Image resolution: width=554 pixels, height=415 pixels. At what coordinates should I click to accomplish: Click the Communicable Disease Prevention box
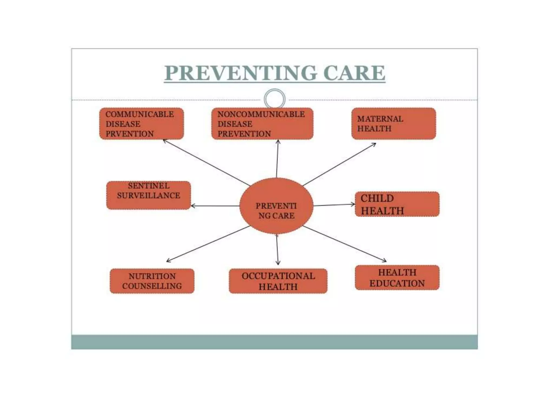[141, 124]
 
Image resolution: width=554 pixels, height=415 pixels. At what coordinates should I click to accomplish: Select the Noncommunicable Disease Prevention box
[262, 124]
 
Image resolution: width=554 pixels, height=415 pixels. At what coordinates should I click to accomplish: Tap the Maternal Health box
[394, 124]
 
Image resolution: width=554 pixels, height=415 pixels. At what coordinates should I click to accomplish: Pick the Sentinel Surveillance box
[149, 195]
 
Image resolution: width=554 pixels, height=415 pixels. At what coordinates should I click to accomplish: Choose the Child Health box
[397, 204]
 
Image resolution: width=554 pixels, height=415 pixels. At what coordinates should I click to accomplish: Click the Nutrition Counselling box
[152, 281]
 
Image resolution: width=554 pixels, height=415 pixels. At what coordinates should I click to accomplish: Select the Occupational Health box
[278, 281]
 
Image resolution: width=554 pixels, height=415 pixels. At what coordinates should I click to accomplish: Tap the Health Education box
[397, 278]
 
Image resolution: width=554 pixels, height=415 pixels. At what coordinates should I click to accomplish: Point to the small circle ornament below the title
[275, 99]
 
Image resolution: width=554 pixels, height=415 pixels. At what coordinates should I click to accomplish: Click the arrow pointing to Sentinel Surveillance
[215, 206]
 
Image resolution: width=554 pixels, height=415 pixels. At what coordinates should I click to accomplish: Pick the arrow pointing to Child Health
[334, 205]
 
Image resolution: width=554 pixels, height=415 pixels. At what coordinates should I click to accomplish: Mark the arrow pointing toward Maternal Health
[339, 164]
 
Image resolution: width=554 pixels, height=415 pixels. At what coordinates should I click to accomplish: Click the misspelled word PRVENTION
[130, 134]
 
